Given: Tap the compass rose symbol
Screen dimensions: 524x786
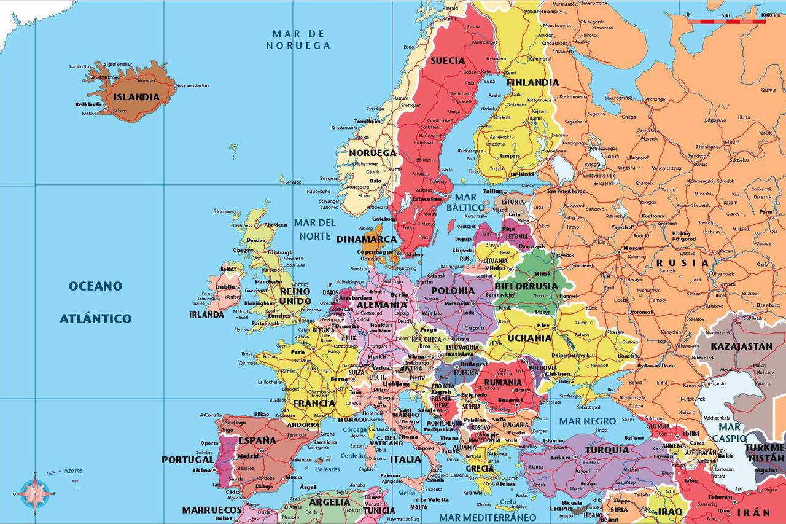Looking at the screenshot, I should pos(34,493).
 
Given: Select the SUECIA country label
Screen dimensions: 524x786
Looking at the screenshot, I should pos(448,61).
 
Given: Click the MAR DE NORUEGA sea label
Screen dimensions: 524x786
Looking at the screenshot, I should pos(298,39).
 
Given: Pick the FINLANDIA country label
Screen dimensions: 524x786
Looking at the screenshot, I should pos(532,82).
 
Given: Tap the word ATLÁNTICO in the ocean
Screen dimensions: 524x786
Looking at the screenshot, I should pos(96,318).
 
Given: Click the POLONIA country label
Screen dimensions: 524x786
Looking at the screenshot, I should pos(453,291).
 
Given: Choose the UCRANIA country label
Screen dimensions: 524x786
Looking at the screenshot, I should pos(529,338).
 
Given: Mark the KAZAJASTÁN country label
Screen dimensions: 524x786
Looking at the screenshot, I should pos(741,346).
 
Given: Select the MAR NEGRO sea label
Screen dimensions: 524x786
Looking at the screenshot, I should pos(587,421).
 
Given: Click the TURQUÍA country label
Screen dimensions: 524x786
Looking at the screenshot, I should pos(607,450).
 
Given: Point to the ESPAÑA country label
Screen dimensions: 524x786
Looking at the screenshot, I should pos(257,440).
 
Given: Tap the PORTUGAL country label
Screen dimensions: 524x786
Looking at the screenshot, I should pos(188,459).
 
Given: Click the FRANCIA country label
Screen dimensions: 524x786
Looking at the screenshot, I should pos(314,404).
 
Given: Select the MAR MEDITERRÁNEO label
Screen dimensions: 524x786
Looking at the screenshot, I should pos(488,517).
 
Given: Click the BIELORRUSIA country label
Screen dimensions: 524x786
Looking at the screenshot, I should pos(526,286).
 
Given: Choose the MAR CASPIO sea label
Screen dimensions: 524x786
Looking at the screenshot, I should pos(730,432).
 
